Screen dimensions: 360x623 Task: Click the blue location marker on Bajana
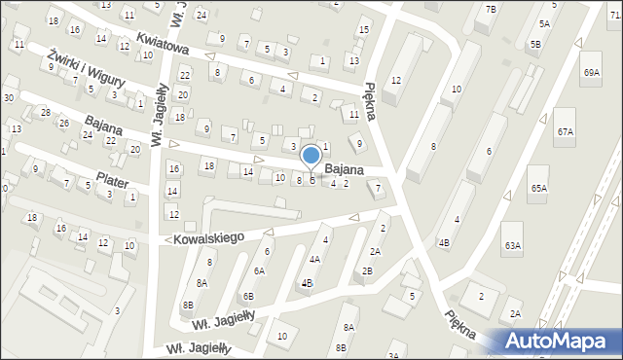(311, 156)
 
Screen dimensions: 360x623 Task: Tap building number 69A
(592, 72)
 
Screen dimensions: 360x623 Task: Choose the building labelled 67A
(565, 130)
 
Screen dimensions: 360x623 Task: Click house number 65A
(538, 188)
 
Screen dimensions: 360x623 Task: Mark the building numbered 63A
(512, 246)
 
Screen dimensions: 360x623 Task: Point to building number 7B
(491, 9)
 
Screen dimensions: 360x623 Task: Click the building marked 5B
(535, 45)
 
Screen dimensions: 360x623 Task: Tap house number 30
(8, 97)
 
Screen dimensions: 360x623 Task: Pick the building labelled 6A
(259, 270)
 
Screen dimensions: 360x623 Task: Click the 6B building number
(248, 296)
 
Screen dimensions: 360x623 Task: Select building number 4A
(314, 259)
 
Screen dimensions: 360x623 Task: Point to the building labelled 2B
(367, 270)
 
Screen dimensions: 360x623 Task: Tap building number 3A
(393, 355)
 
